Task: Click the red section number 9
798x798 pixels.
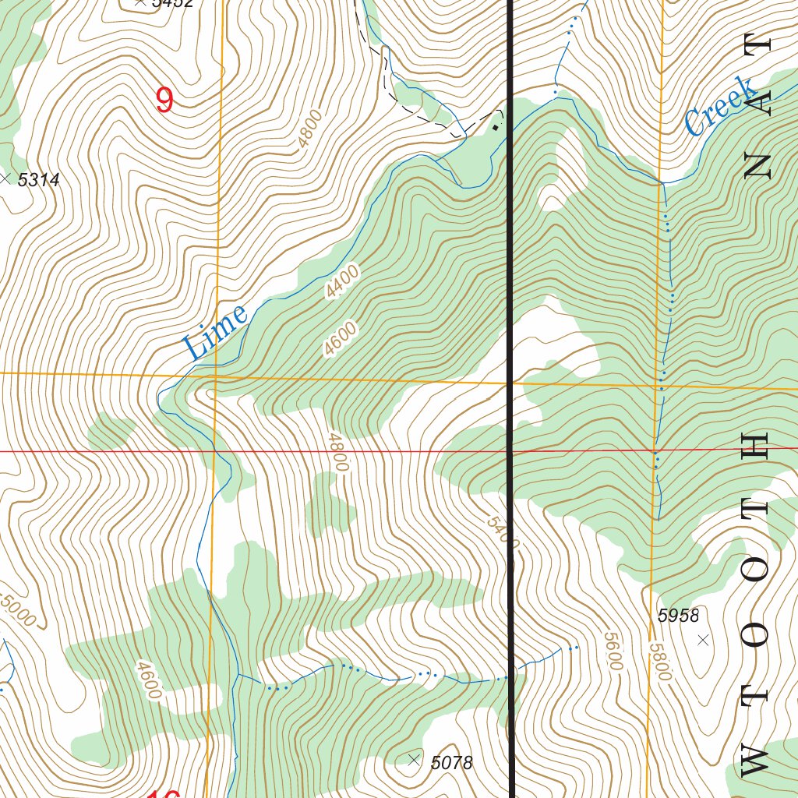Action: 164,100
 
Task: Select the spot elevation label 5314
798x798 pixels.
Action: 38,180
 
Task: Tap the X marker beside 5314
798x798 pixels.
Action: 7,179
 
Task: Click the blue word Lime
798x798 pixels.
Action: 216,331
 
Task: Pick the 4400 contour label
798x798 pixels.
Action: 343,282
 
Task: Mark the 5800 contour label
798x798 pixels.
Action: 659,661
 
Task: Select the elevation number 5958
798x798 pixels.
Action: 678,616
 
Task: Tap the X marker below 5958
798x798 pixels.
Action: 703,640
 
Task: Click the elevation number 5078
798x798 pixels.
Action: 451,763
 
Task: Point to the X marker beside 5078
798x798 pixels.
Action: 414,760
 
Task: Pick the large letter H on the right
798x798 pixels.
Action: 756,446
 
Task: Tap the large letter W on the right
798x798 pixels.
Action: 756,758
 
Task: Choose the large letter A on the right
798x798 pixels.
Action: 756,101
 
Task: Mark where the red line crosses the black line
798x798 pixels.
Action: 511,450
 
